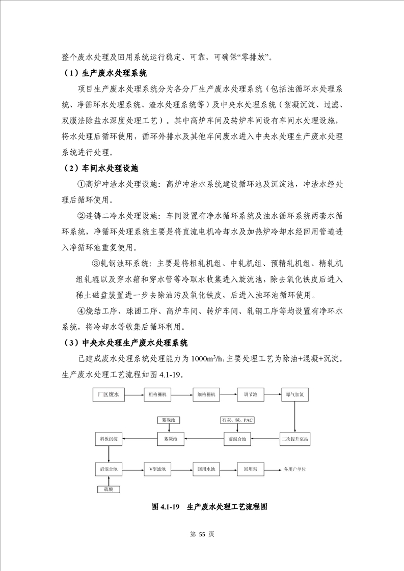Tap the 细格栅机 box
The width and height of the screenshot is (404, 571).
206,394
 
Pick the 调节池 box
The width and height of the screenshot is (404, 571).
251,394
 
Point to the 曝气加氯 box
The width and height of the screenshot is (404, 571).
295,394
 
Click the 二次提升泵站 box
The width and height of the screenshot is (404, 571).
295,438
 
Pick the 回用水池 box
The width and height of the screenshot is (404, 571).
206,468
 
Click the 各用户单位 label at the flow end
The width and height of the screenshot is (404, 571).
294,468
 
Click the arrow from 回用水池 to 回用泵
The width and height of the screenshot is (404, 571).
229,468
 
